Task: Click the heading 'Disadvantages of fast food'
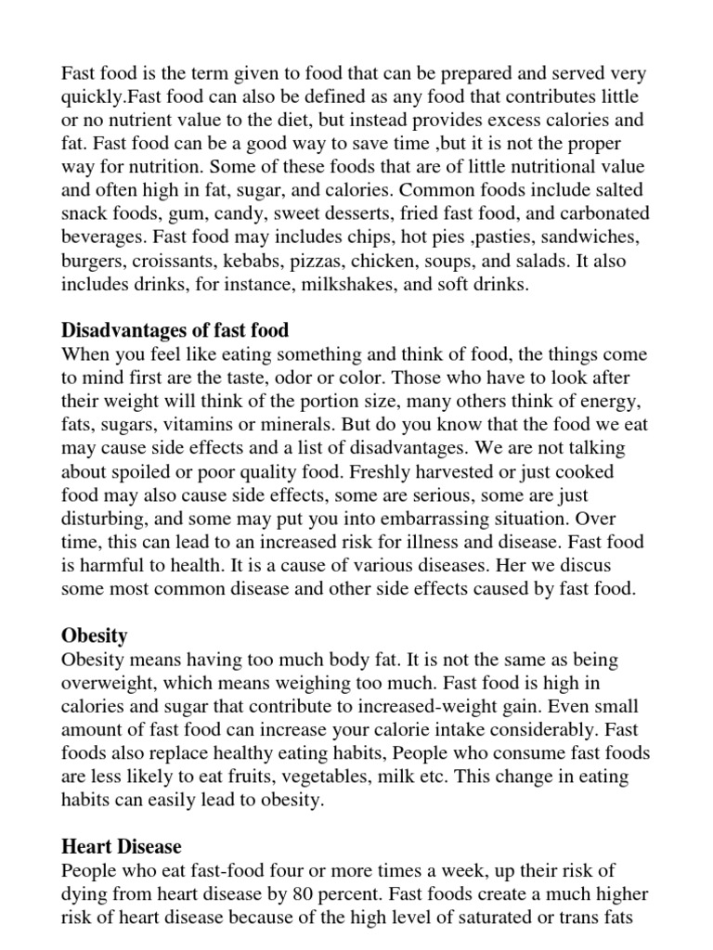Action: pos(175,330)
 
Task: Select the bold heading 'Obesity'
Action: pos(94,636)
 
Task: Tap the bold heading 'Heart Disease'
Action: pos(121,846)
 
